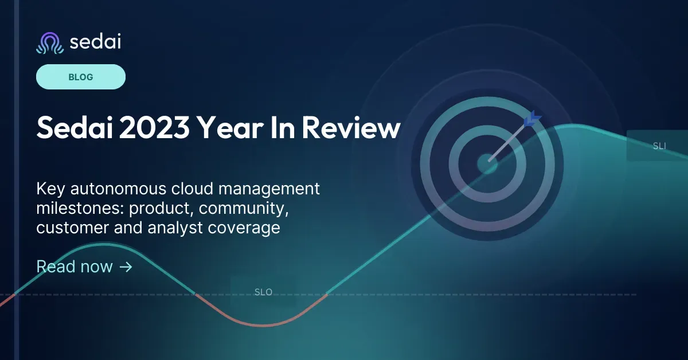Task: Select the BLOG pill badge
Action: pyautogui.click(x=81, y=77)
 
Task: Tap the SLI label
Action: pyautogui.click(x=659, y=146)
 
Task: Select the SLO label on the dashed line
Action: pyautogui.click(x=263, y=292)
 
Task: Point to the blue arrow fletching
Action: pyautogui.click(x=531, y=119)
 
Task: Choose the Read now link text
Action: pyautogui.click(x=75, y=267)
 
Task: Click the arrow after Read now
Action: pyautogui.click(x=126, y=267)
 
